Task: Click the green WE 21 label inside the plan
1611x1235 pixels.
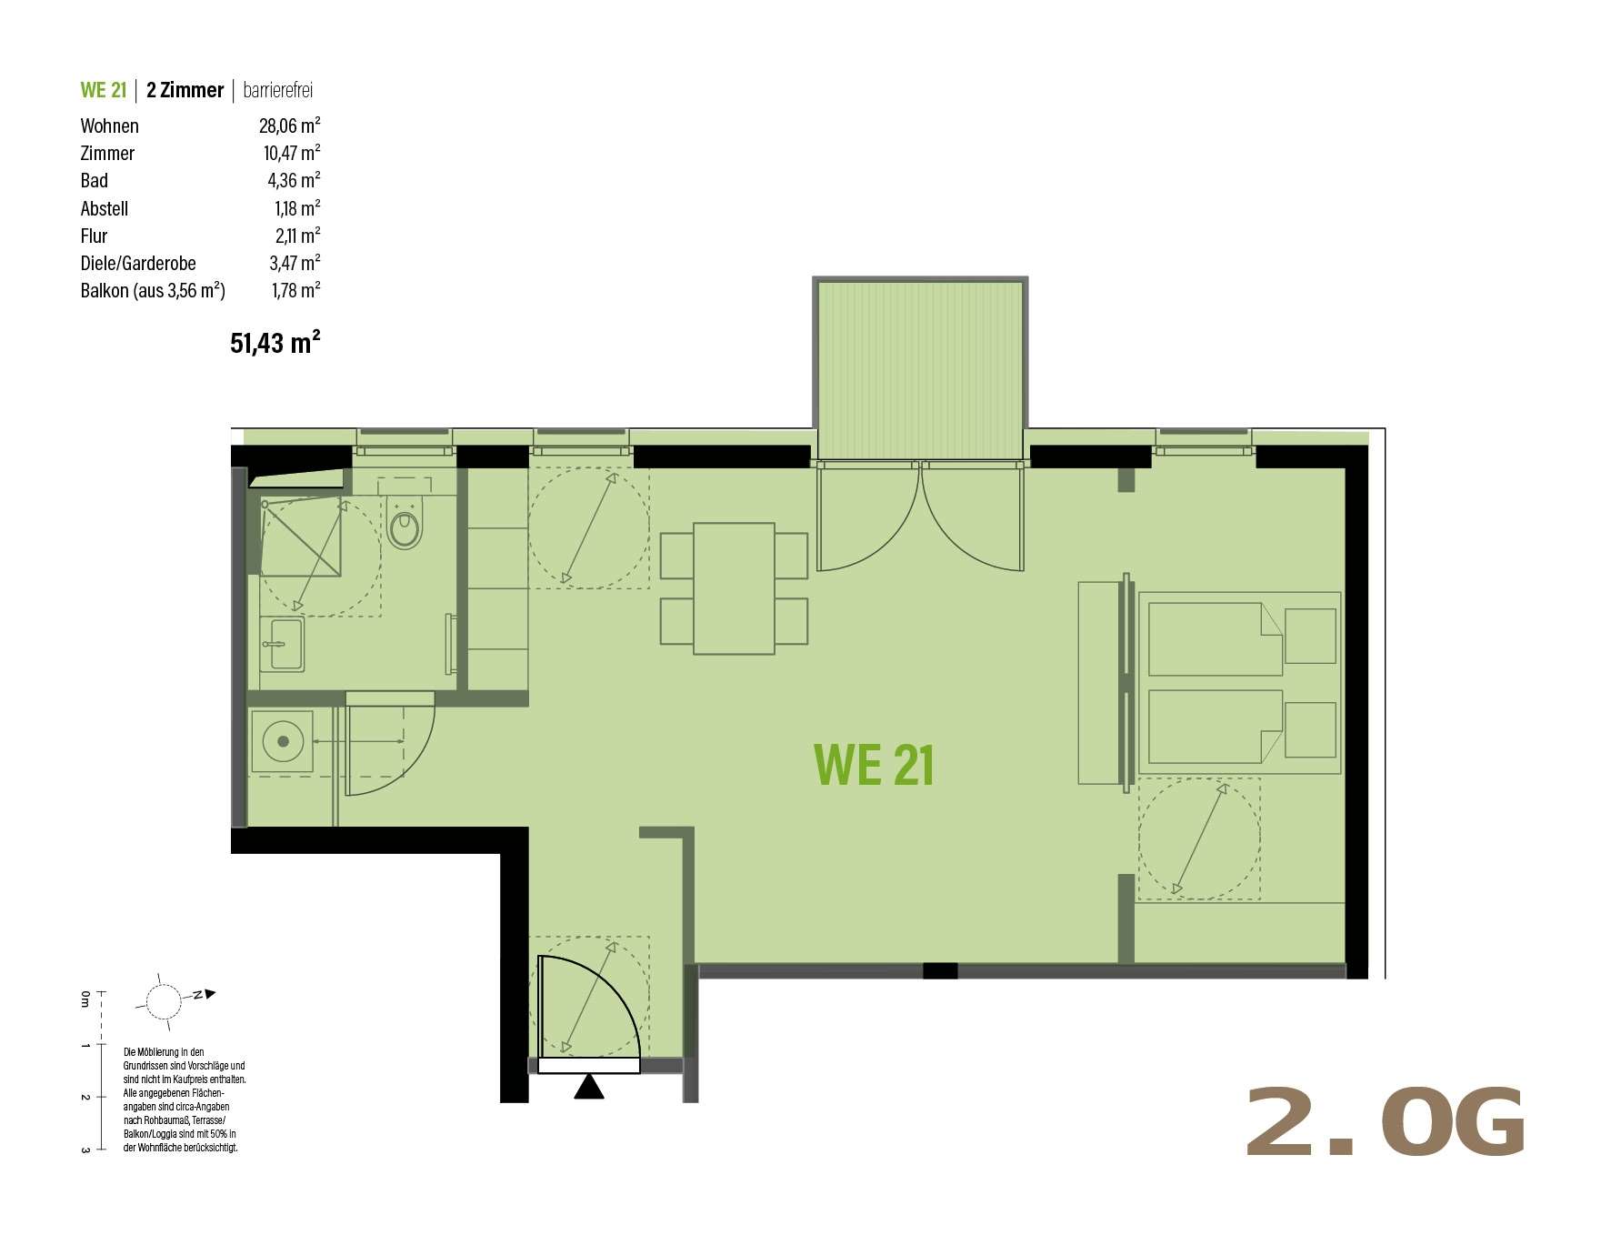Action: coord(874,765)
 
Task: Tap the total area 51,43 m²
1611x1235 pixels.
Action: coord(275,342)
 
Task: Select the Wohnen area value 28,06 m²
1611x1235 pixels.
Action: coord(289,126)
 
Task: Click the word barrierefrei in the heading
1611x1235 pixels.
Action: coord(278,90)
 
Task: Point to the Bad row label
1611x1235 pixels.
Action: coord(94,180)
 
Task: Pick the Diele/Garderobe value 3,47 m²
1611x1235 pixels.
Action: coord(295,263)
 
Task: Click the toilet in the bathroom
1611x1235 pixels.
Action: coord(405,522)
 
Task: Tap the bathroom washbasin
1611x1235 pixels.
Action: coord(282,643)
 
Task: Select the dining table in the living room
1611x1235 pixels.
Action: coord(734,588)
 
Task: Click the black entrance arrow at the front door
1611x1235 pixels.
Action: coord(589,1087)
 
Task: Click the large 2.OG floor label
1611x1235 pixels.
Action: coord(1384,1122)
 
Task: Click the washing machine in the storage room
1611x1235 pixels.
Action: coord(282,742)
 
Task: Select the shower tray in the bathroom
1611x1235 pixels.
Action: coord(301,537)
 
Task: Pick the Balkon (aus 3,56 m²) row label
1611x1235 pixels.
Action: coord(153,290)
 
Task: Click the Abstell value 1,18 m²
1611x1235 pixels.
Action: coord(297,208)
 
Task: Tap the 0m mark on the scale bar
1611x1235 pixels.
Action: coord(85,998)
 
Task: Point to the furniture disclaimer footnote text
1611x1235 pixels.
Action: coord(185,1099)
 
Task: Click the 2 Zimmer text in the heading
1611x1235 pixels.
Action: coord(185,90)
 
